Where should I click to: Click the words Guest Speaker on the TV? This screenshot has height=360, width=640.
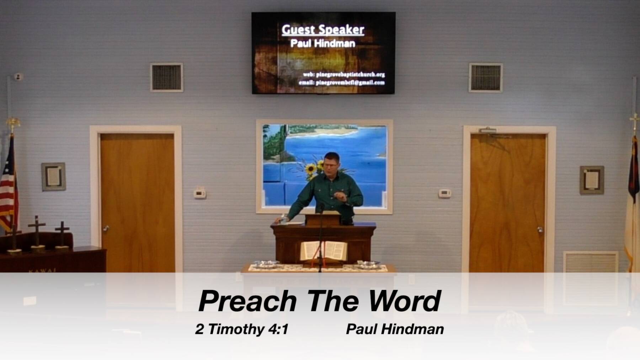(x=323, y=30)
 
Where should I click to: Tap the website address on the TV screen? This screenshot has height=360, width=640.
(x=344, y=75)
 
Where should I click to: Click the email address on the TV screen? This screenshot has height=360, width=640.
(x=342, y=83)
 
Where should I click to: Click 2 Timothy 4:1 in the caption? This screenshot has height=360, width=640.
(x=242, y=329)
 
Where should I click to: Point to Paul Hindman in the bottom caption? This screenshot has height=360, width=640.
(x=395, y=329)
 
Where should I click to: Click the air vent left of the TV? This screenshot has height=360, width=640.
(x=166, y=77)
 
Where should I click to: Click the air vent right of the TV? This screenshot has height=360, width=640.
(x=485, y=77)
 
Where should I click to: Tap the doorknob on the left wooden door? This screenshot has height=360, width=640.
(x=106, y=228)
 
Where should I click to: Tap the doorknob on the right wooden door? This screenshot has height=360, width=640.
(x=540, y=230)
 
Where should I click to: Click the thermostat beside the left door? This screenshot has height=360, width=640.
(x=199, y=193)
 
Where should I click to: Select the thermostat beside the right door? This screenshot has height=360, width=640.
(x=444, y=193)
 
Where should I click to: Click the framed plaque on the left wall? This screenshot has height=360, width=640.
(x=53, y=177)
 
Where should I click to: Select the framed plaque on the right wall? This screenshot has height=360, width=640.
(x=592, y=180)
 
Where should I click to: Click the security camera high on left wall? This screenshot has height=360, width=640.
(x=18, y=76)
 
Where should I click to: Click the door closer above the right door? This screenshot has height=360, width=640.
(x=488, y=131)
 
